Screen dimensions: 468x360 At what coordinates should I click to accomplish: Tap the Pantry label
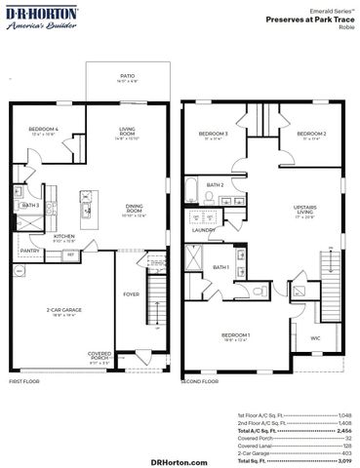pos(29,251)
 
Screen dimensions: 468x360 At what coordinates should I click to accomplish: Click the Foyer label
pos(130,293)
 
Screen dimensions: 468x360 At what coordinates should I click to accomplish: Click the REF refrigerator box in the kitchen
pos(70,254)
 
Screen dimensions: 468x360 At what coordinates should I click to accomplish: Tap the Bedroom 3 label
pos(213,134)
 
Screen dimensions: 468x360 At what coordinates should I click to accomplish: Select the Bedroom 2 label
pos(311,134)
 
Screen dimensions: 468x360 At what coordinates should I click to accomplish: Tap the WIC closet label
pos(315,338)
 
